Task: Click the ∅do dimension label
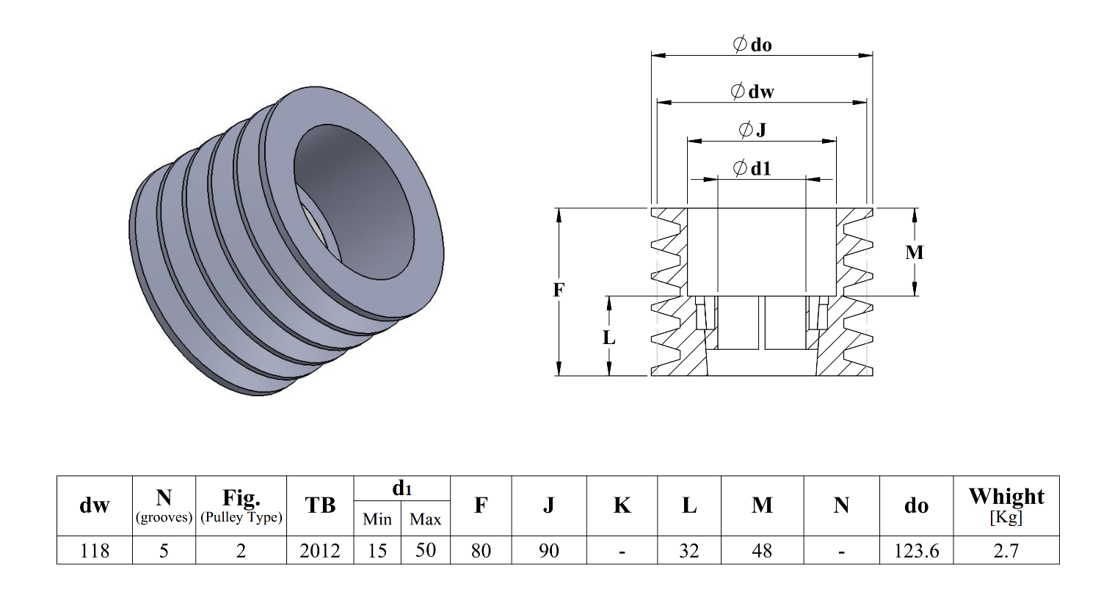click(752, 45)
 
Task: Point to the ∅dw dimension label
click(752, 92)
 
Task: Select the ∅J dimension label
click(752, 130)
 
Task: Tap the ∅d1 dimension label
click(752, 169)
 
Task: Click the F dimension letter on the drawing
click(559, 290)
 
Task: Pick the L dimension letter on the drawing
click(608, 337)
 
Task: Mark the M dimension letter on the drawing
click(914, 252)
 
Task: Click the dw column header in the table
click(95, 505)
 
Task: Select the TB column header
click(320, 505)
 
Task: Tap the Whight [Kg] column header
click(1006, 505)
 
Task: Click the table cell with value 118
click(95, 550)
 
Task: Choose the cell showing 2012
click(320, 550)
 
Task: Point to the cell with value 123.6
click(916, 550)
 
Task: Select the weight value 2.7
click(1006, 550)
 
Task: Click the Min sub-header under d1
click(377, 519)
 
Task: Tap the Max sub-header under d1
click(426, 519)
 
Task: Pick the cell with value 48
click(762, 550)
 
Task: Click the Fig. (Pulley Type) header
click(241, 505)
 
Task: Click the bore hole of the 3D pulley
click(352, 198)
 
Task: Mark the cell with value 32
click(689, 550)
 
